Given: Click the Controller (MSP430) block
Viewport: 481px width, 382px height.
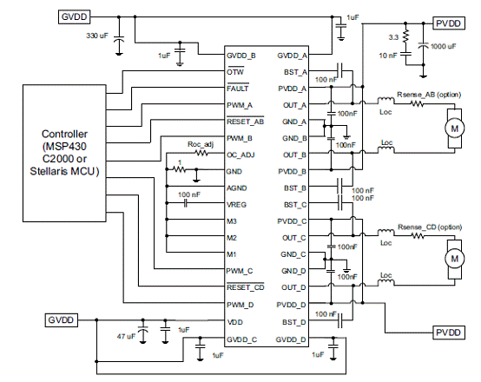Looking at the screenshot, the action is coord(64,153).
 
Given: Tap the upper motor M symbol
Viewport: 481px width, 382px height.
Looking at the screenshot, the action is coord(454,128).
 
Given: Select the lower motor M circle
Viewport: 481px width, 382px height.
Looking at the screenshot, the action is coord(454,259).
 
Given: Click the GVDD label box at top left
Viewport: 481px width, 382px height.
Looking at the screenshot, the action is coord(75,16).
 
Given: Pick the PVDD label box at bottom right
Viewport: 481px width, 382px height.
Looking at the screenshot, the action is coord(449,333).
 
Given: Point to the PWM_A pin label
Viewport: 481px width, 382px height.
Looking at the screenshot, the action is coord(240,105).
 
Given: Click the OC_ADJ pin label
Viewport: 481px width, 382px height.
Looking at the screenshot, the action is coord(240,155).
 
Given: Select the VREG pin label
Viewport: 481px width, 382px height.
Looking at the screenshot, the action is coord(236,205).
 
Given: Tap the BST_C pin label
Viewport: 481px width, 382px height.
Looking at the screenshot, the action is coord(295,205).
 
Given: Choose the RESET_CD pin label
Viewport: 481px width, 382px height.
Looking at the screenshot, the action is coord(245,287).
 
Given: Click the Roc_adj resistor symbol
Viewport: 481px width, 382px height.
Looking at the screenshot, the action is coord(201,153).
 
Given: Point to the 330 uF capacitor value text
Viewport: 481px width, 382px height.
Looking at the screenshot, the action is coord(97,36).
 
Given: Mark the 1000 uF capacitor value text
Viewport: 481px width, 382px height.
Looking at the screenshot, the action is coord(444,46).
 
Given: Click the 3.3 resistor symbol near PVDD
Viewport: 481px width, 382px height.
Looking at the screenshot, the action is coord(405,36).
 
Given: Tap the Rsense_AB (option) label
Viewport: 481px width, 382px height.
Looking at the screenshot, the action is coord(429,95).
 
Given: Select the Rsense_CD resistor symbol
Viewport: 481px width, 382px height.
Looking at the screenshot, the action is coord(418,235).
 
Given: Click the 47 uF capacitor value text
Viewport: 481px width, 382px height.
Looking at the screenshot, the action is coord(126,336).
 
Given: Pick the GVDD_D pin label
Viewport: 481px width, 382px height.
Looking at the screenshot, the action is coord(291,339).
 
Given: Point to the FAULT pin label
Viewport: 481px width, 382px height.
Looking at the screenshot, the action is coord(237,89).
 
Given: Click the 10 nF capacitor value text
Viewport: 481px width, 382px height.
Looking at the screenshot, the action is coord(388,56).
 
